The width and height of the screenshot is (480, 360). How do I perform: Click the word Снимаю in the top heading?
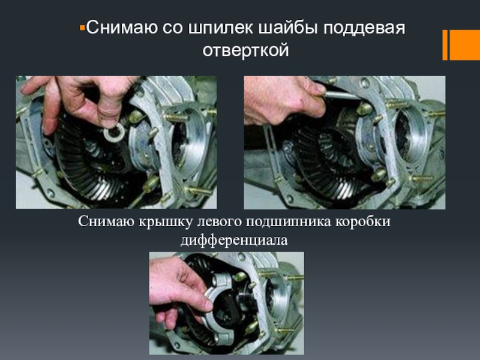tap(122, 28)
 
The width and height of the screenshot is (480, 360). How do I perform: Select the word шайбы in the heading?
tap(289, 27)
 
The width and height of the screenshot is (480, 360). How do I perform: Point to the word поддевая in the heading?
tap(364, 28)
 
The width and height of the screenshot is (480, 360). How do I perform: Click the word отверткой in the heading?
tap(245, 50)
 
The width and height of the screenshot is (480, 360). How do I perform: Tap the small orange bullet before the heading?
tap(82, 28)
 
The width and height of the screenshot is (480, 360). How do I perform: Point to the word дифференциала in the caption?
tap(234, 240)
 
